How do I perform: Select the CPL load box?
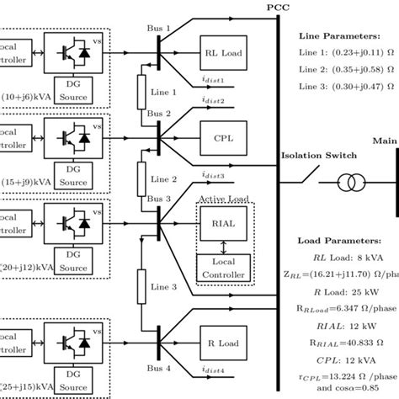click(x=222, y=133)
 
